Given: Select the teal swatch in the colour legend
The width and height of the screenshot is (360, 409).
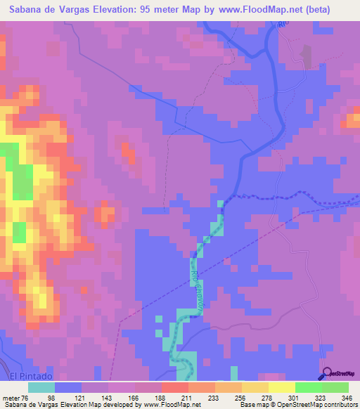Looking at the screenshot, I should pyautogui.click(x=41, y=387).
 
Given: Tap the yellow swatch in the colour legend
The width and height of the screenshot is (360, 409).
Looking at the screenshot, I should pyautogui.click(x=281, y=387).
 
